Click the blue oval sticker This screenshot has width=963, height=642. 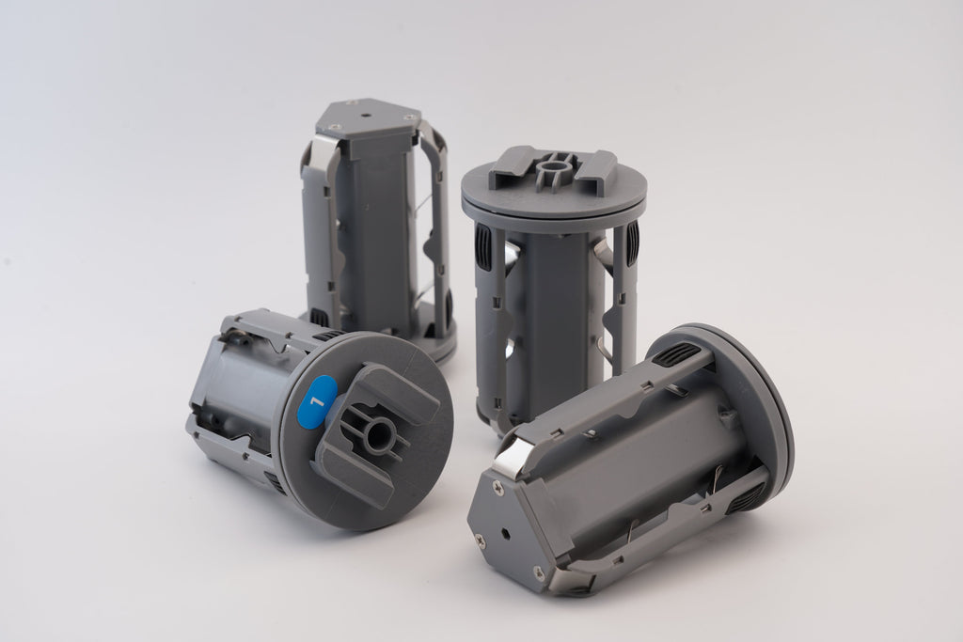click(x=318, y=401)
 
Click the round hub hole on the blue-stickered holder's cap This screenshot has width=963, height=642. click(x=379, y=434)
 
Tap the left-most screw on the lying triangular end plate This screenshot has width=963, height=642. click(x=479, y=540)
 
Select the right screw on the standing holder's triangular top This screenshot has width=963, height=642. click(x=407, y=117)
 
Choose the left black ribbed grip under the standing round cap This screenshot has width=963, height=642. click(x=483, y=246)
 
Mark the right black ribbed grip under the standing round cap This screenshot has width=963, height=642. click(x=632, y=243)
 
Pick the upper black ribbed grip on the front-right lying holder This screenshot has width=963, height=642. click(x=676, y=355)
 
